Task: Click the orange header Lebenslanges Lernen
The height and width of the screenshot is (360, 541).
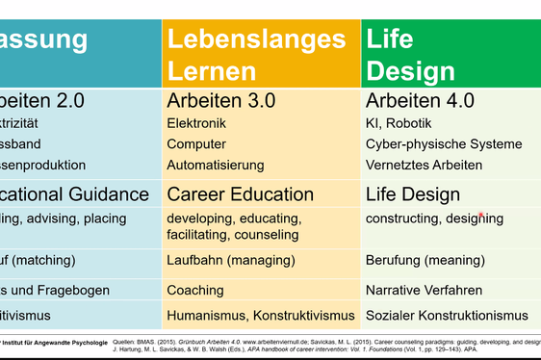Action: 256,55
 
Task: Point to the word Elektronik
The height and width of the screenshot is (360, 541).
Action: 196,123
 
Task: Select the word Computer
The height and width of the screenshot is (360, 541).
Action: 196,144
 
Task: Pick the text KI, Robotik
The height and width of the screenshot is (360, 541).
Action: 399,123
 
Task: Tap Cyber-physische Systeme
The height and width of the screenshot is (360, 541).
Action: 442,144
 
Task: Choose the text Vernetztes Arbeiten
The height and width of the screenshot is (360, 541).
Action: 424,166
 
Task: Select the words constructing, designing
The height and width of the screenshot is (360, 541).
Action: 434,219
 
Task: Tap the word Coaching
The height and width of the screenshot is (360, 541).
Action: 195,290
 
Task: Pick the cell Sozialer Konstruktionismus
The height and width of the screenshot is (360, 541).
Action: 447,315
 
